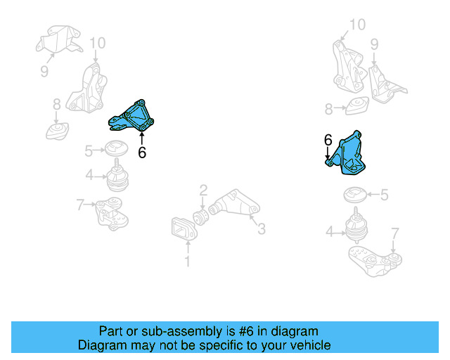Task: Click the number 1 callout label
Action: pyautogui.click(x=187, y=262)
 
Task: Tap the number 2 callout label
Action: pyautogui.click(x=202, y=189)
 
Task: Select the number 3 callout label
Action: pyautogui.click(x=261, y=228)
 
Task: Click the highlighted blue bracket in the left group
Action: pyautogui.click(x=134, y=117)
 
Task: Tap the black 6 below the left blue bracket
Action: pyautogui.click(x=142, y=152)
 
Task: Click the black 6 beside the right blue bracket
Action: pyautogui.click(x=328, y=141)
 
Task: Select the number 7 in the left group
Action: pyautogui.click(x=80, y=205)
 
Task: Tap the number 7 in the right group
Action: pyautogui.click(x=394, y=233)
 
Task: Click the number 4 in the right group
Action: pyautogui.click(x=329, y=231)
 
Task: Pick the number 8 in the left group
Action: pyautogui.click(x=56, y=105)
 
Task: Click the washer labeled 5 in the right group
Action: pyautogui.click(x=354, y=193)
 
